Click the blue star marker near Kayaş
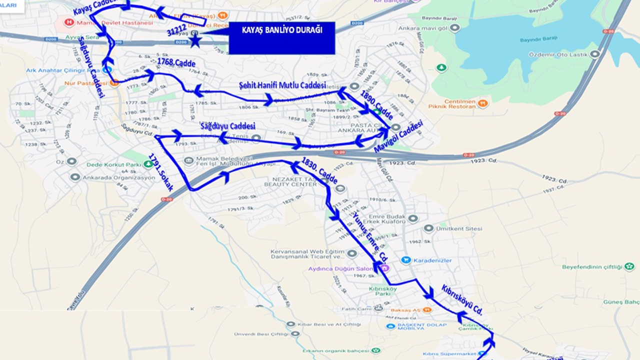pos(195,40)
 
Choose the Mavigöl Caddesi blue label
pos(398,136)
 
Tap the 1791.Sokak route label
pos(160,172)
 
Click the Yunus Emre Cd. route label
pos(370,235)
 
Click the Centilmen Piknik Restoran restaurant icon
pos(482,103)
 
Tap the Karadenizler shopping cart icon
pos(405,260)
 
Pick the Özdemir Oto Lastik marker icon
pos(594,54)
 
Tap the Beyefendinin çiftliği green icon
pos(629,266)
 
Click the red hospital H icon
pos(69,22)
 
